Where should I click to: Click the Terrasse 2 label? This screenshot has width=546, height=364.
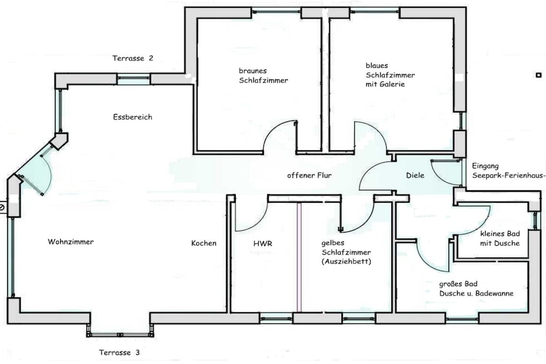[133, 59]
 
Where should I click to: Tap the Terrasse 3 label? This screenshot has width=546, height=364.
[119, 352]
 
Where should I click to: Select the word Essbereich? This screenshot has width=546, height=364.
[132, 117]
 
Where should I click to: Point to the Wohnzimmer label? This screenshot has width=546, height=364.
[70, 242]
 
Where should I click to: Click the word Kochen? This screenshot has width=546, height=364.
[204, 243]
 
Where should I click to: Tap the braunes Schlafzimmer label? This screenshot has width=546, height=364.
[263, 75]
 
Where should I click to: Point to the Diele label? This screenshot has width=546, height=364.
[415, 175]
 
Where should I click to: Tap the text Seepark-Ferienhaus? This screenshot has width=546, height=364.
[508, 175]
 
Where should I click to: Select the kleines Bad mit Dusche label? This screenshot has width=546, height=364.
[500, 239]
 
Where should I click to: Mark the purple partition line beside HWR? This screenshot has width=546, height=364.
[299, 256]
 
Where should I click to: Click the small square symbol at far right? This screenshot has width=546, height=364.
[538, 75]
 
